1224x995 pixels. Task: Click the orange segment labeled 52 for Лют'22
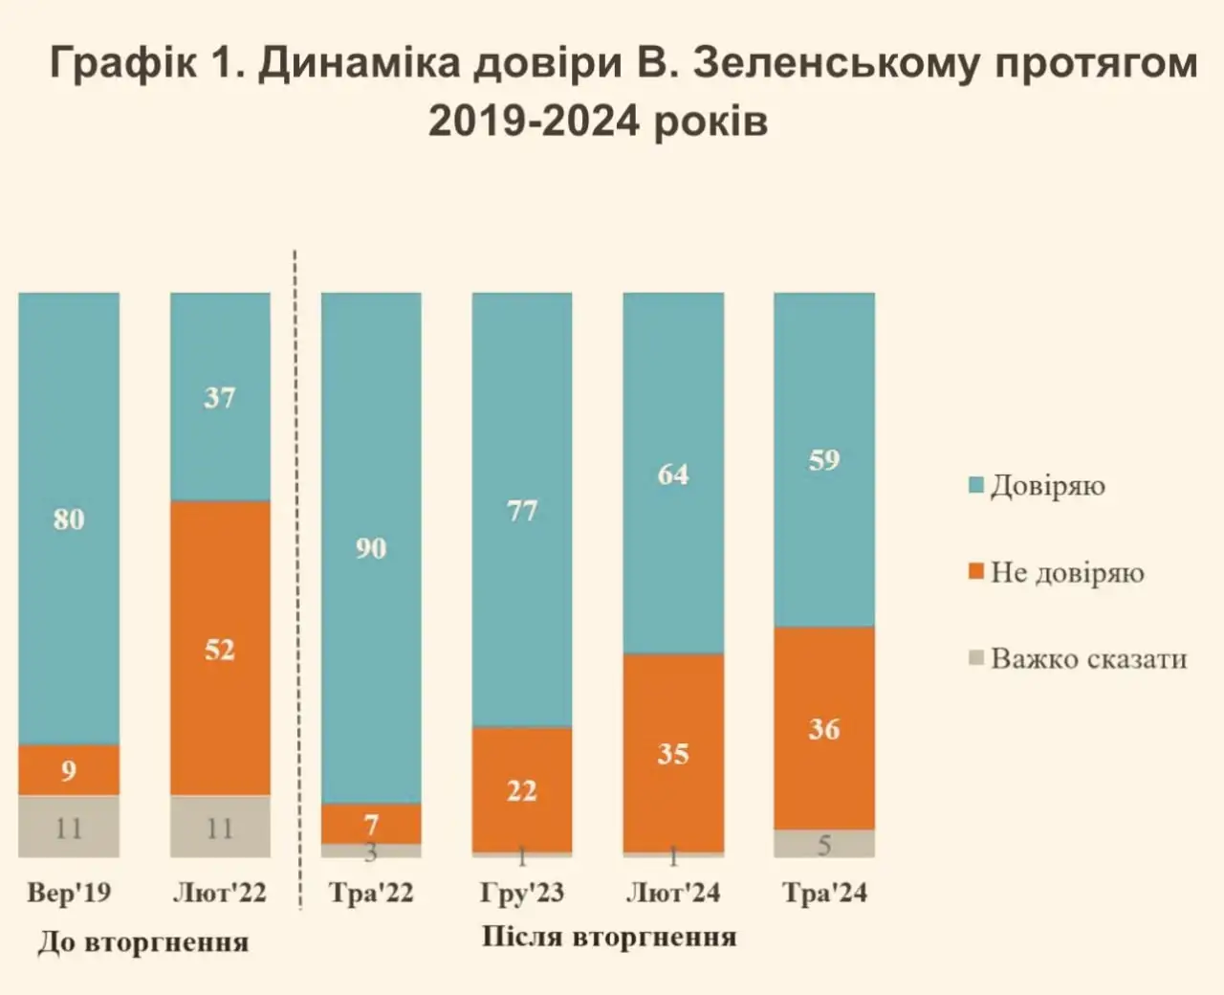pos(220,648)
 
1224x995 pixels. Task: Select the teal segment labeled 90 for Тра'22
pos(371,547)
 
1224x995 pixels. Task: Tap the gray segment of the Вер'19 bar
pos(69,827)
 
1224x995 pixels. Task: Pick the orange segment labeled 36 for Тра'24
pos(823,728)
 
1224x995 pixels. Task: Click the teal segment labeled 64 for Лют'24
pos(673,473)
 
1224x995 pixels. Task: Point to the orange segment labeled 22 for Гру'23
pos(522,789)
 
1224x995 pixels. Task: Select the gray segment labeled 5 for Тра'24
pos(823,844)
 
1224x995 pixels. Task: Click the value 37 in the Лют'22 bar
pos(220,397)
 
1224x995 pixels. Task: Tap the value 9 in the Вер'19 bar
pos(69,770)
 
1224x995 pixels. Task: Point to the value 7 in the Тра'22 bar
pos(371,823)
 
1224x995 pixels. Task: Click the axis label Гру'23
pos(522,894)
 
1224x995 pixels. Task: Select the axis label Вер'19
pos(69,894)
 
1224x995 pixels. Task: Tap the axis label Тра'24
pos(824,894)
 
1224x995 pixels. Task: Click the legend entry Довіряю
pos(1047,486)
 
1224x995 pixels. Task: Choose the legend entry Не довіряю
pos(1066,573)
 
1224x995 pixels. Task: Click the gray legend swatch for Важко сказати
pos(976,658)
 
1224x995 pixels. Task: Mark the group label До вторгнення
pos(143,942)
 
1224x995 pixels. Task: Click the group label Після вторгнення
pos(609,937)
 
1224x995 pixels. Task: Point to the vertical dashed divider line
pos(295,574)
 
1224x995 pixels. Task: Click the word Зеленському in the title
pos(837,64)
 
